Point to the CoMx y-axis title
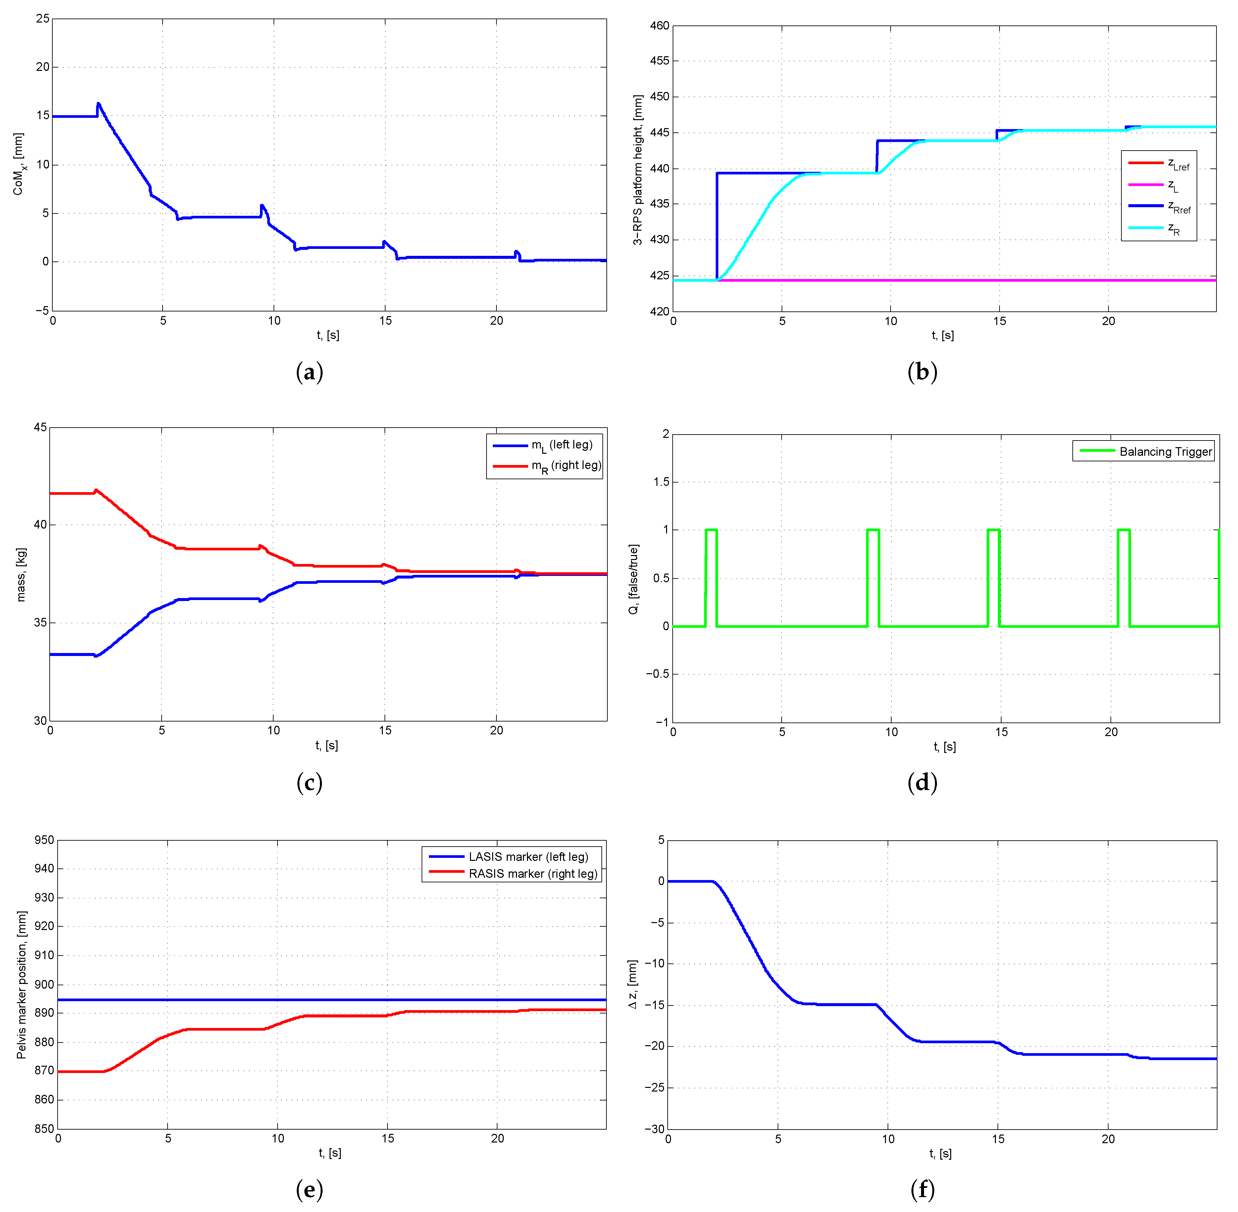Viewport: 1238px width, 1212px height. tap(19, 164)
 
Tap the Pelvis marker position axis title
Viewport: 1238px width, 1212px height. tap(22, 985)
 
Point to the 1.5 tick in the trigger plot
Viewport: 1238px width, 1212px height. tap(661, 482)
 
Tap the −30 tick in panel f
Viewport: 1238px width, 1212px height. tap(654, 1129)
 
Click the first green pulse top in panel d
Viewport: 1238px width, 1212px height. tap(711, 530)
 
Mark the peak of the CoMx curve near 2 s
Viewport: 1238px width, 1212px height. tap(98, 103)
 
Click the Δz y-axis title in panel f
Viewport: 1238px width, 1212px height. tap(632, 985)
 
